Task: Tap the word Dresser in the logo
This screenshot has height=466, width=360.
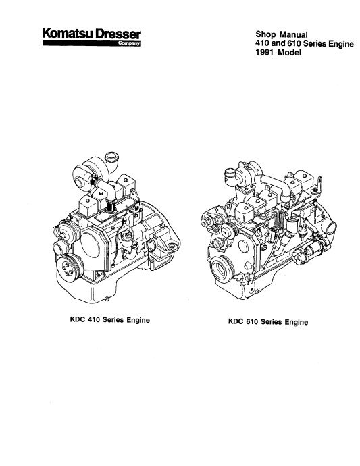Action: (118, 34)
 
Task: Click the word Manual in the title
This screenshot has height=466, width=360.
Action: (293, 34)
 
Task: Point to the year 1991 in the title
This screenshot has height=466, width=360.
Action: (264, 52)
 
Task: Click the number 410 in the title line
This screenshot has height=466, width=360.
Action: (263, 43)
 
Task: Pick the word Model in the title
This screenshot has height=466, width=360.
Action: (289, 52)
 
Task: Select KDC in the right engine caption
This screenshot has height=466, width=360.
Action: (234, 322)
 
